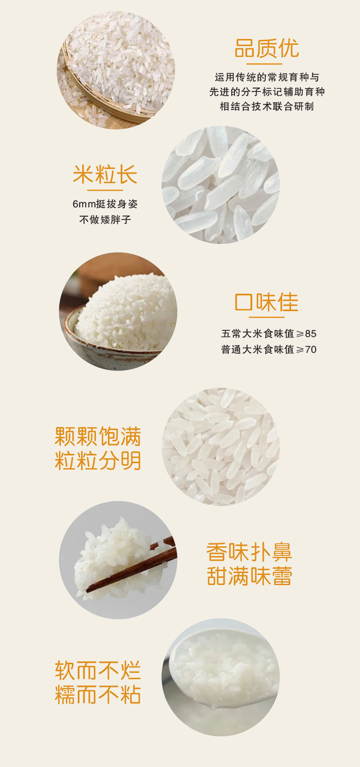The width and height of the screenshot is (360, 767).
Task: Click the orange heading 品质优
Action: pyautogui.click(x=266, y=48)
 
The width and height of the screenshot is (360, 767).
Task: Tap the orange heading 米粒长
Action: pyautogui.click(x=105, y=175)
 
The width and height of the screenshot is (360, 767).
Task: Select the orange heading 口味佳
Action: pyautogui.click(x=266, y=302)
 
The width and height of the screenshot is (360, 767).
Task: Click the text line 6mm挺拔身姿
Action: pyautogui.click(x=105, y=204)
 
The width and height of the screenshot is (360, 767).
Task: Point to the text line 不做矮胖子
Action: pyautogui.click(x=105, y=219)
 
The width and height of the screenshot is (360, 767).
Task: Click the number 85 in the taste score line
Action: pyautogui.click(x=311, y=334)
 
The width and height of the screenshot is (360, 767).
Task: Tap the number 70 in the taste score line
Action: pyautogui.click(x=311, y=349)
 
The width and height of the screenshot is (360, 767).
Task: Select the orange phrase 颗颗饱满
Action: pyautogui.click(x=98, y=437)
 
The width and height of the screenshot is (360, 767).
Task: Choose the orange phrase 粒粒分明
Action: pyautogui.click(x=98, y=461)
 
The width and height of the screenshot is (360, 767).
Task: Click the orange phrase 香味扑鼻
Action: pyautogui.click(x=250, y=552)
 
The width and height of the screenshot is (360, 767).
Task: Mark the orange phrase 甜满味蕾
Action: pyautogui.click(x=250, y=576)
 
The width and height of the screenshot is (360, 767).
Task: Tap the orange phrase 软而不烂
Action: pyautogui.click(x=98, y=671)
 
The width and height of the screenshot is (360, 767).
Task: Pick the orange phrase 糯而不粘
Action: pyautogui.click(x=98, y=695)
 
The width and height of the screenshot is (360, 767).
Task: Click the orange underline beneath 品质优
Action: pyautogui.click(x=264, y=64)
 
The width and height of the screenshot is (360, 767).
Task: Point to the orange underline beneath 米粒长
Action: pyautogui.click(x=105, y=190)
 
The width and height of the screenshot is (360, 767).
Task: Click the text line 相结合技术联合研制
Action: pyautogui.click(x=267, y=107)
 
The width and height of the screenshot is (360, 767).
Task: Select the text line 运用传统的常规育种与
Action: pyautogui.click(x=267, y=77)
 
